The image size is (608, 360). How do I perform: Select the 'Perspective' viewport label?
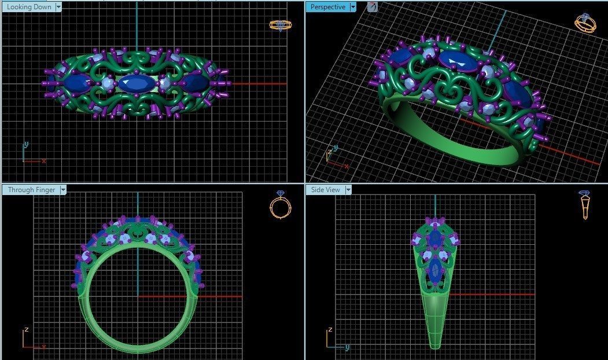click(327, 7)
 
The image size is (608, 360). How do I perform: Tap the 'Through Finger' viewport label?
click(31, 190)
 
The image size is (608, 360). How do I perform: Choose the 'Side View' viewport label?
click(325, 190)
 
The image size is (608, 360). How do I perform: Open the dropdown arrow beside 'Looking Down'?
click(58, 7)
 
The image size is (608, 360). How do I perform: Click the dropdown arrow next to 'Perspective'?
click(353, 7)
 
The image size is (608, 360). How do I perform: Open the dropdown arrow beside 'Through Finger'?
click(63, 190)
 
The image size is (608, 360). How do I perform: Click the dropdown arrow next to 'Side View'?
click(348, 190)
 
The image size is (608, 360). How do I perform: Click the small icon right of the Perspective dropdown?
click(373, 7)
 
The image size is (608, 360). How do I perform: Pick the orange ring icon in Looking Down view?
click(281, 25)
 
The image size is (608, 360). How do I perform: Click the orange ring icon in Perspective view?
click(585, 23)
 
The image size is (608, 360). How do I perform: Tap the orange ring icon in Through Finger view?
click(280, 205)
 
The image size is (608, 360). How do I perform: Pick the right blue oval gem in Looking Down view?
click(196, 84)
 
